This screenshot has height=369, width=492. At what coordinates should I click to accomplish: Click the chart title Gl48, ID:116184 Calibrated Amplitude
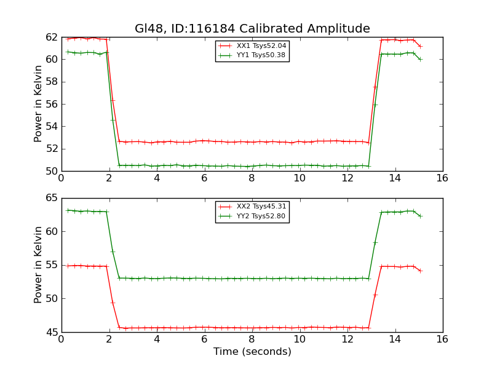click(x=252, y=29)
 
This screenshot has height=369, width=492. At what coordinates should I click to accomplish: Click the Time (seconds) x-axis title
click(x=252, y=352)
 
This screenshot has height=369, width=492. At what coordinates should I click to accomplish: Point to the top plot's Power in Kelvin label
click(x=39, y=103)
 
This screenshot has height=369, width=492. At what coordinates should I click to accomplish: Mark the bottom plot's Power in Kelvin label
click(x=39, y=264)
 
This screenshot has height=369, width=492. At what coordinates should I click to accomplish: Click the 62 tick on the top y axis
click(x=52, y=37)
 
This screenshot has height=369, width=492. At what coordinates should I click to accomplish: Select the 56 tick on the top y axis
click(x=52, y=104)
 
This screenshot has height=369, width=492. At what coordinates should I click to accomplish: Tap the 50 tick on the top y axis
click(x=52, y=171)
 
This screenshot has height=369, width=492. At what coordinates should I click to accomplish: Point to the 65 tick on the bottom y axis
click(x=52, y=198)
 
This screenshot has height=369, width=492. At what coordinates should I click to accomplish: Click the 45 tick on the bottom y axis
click(x=52, y=332)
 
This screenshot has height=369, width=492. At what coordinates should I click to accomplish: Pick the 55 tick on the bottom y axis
click(x=52, y=265)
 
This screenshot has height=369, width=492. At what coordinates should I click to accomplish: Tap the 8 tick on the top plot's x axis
click(x=252, y=178)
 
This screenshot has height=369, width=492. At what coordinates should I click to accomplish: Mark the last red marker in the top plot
click(x=420, y=46)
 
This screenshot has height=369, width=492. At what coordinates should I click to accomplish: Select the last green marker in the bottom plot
click(x=420, y=216)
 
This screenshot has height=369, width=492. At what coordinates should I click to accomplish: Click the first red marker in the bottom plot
click(x=68, y=266)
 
